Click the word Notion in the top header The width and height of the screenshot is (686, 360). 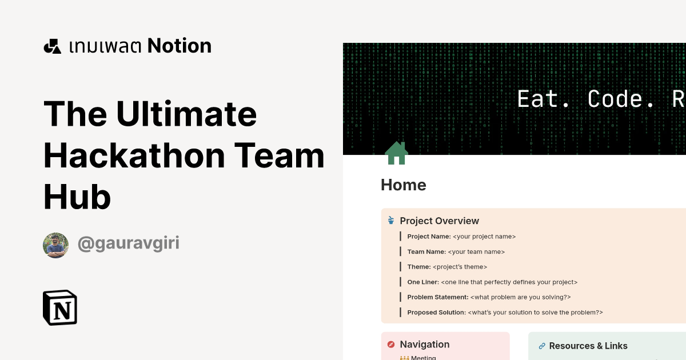(x=180, y=46)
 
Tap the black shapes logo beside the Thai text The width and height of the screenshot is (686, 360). (x=52, y=46)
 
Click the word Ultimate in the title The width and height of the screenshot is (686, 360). (x=186, y=114)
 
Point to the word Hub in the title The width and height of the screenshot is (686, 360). (x=77, y=198)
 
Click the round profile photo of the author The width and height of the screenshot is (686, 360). (x=55, y=245)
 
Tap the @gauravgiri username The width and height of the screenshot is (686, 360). (x=129, y=243)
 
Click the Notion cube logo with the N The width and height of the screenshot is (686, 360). (x=60, y=307)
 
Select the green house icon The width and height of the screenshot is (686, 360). (x=396, y=153)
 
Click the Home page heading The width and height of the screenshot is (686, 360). (x=404, y=185)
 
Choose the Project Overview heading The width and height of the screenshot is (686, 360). (x=439, y=221)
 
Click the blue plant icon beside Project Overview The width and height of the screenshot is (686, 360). (x=391, y=221)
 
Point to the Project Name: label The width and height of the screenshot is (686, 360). (x=429, y=237)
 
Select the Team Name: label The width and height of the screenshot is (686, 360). (x=426, y=251)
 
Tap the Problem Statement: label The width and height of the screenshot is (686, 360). (x=437, y=297)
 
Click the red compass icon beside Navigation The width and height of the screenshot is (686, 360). (x=391, y=345)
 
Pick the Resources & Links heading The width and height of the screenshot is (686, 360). (x=588, y=346)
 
